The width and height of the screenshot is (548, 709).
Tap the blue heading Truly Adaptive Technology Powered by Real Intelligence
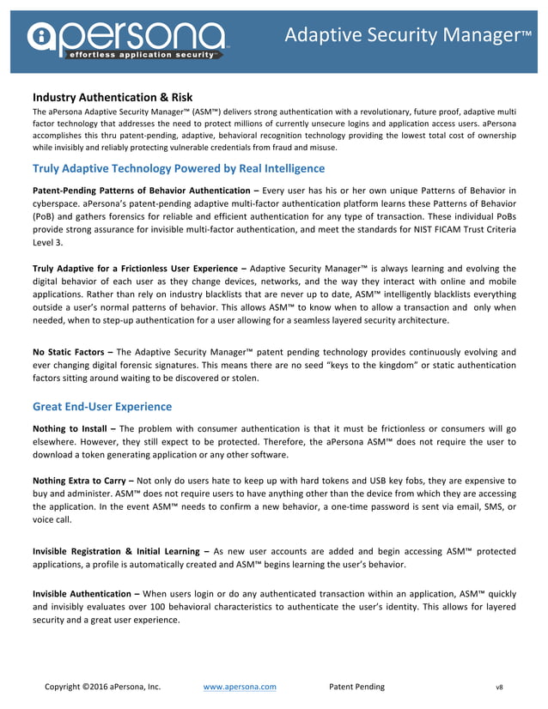pyautogui.click(x=178, y=168)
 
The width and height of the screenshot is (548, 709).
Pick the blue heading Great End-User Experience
pyautogui.click(x=101, y=406)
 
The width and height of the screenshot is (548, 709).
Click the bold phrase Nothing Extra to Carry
pyautogui.click(x=81, y=481)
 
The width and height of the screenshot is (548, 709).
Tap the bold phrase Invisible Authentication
pyautogui.click(x=82, y=593)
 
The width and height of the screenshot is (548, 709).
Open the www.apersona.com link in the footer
pyautogui.click(x=240, y=687)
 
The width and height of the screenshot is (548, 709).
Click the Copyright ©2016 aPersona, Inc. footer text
pyautogui.click(x=102, y=687)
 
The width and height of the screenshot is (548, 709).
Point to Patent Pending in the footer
pyautogui.click(x=356, y=687)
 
